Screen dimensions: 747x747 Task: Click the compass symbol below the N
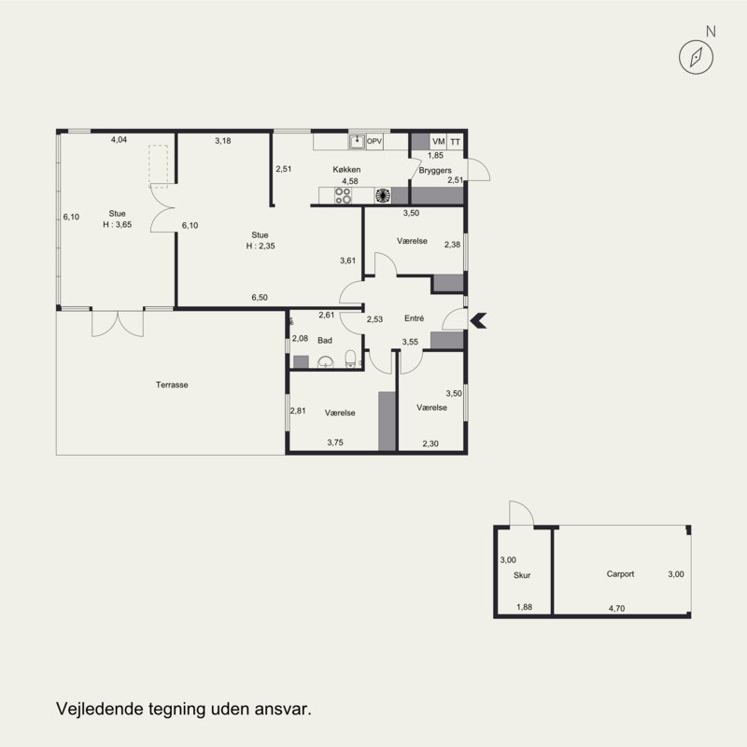pyautogui.click(x=696, y=57)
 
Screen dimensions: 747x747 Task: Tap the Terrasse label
pyautogui.click(x=172, y=385)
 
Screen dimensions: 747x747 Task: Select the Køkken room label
pyautogui.click(x=346, y=170)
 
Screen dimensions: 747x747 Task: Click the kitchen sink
pyautogui.click(x=357, y=142)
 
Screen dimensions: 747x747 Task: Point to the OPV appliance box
pyautogui.click(x=374, y=142)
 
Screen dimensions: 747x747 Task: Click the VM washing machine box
pyautogui.click(x=438, y=142)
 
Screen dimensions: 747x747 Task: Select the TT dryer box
pyautogui.click(x=456, y=142)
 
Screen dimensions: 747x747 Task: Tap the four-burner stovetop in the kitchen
pyautogui.click(x=343, y=196)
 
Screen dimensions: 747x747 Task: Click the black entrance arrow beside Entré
pyautogui.click(x=478, y=320)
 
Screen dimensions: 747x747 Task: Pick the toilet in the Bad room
pyautogui.click(x=350, y=359)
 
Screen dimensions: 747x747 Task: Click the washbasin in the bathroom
pyautogui.click(x=325, y=362)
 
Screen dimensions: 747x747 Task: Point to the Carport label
pyautogui.click(x=620, y=574)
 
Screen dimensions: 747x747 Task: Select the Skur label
pyautogui.click(x=522, y=575)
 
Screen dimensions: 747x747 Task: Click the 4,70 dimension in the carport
pyautogui.click(x=616, y=609)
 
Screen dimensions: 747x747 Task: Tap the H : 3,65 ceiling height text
pyautogui.click(x=118, y=224)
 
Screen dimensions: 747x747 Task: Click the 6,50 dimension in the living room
pyautogui.click(x=260, y=297)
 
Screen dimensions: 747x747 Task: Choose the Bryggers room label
pyautogui.click(x=435, y=171)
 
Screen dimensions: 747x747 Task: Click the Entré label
pyautogui.click(x=414, y=318)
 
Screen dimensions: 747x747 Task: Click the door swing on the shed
pyautogui.click(x=522, y=514)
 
